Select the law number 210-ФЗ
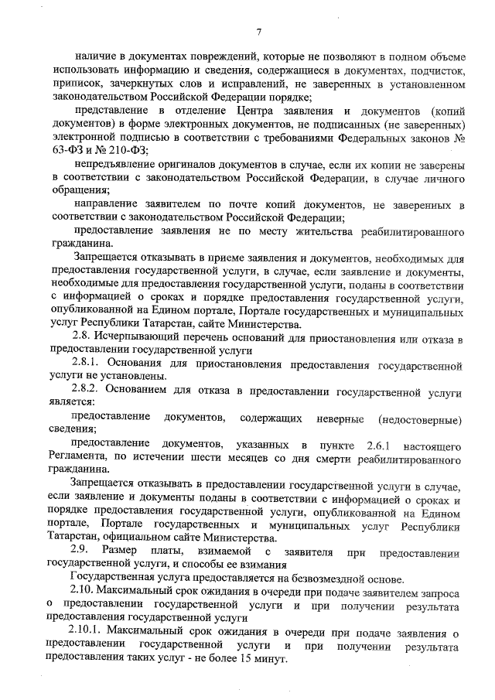(125, 150)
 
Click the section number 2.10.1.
(84, 632)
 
